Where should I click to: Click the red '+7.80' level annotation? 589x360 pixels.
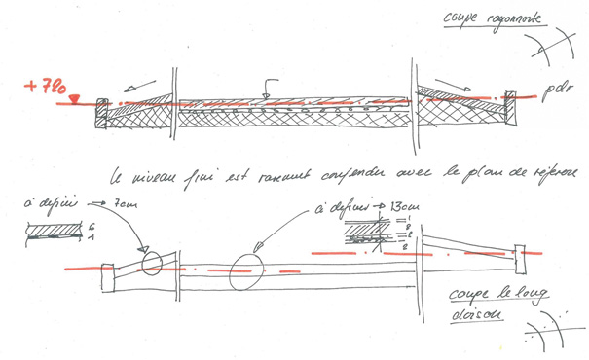click(x=46, y=89)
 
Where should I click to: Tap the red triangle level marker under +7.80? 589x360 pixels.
click(x=74, y=99)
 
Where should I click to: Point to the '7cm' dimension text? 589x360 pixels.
click(x=125, y=207)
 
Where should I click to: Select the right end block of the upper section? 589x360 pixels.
click(x=509, y=102)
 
